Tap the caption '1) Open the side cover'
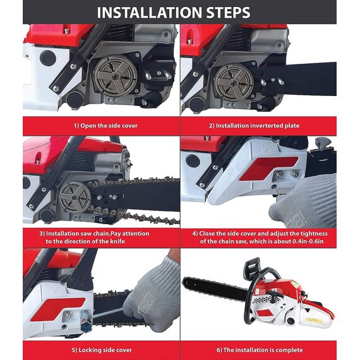click(x=104, y=126)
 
